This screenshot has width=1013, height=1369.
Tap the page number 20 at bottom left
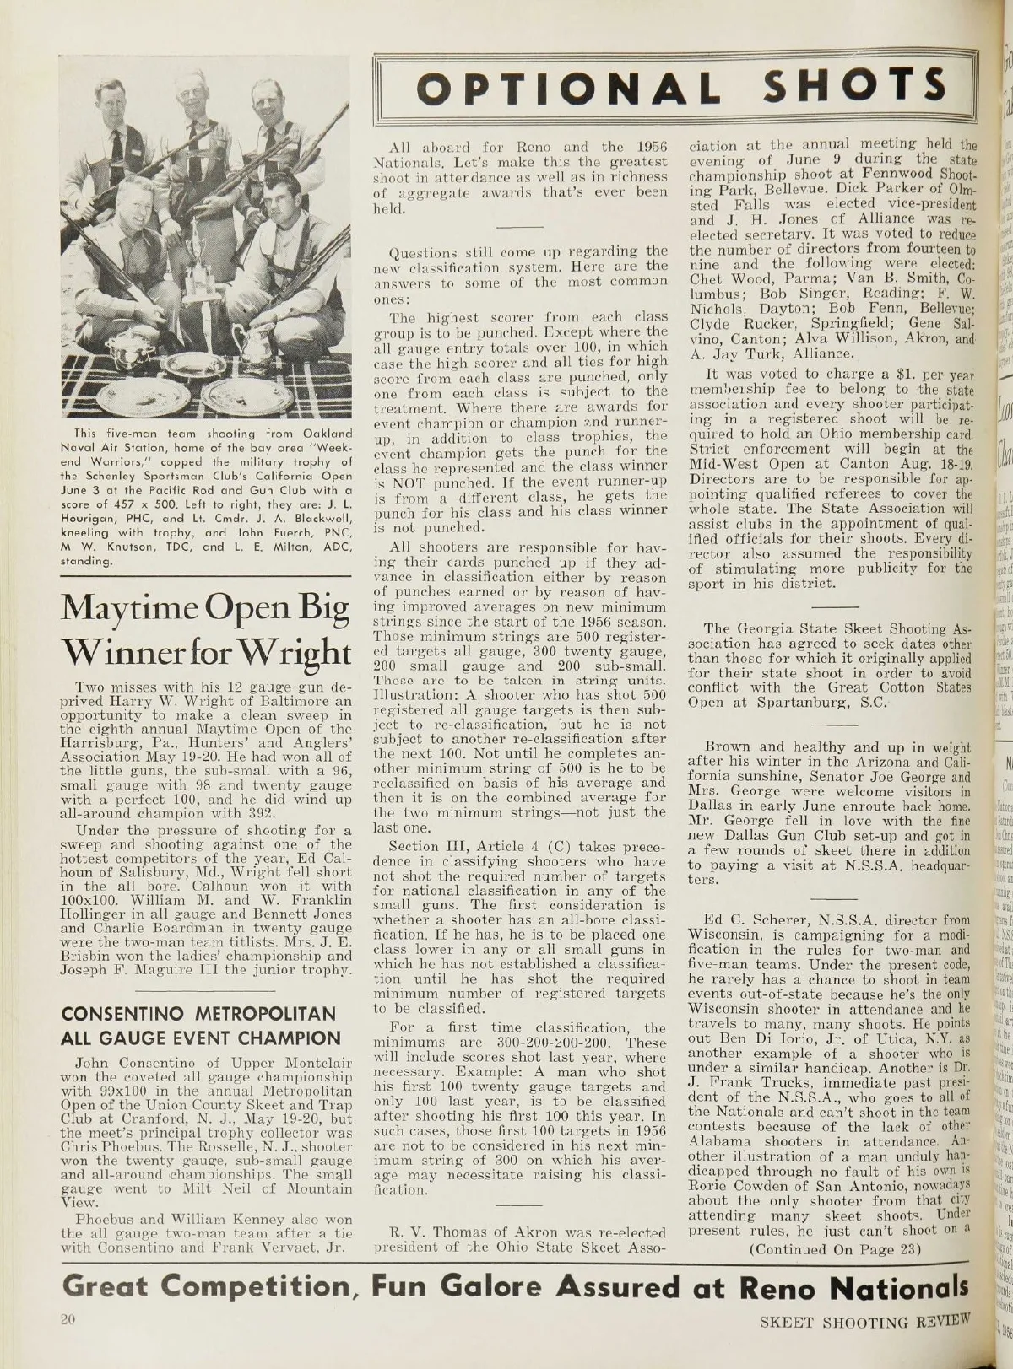tap(67, 1319)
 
